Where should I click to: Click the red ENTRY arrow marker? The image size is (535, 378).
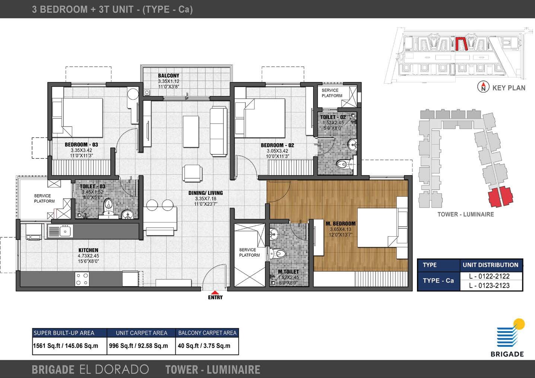(215, 292)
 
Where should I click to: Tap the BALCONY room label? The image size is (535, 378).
(168, 76)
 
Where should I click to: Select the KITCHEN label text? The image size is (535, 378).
(88, 250)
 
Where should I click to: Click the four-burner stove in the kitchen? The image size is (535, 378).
(82, 279)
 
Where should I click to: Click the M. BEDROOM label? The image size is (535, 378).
(340, 224)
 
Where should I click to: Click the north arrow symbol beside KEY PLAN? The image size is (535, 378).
(483, 87)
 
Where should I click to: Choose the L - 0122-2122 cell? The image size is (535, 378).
(489, 276)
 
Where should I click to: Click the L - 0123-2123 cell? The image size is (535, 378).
(489, 286)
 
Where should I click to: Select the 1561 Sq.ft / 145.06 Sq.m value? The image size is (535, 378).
(66, 346)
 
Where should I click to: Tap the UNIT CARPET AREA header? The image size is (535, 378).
(141, 333)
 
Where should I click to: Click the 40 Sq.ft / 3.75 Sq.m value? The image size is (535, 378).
(204, 346)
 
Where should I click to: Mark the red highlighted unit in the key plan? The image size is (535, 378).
(461, 44)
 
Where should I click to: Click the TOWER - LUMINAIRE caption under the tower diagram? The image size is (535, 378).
(465, 214)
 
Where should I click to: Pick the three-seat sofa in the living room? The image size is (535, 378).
(218, 131)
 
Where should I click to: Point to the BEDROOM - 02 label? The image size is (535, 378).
(277, 145)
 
